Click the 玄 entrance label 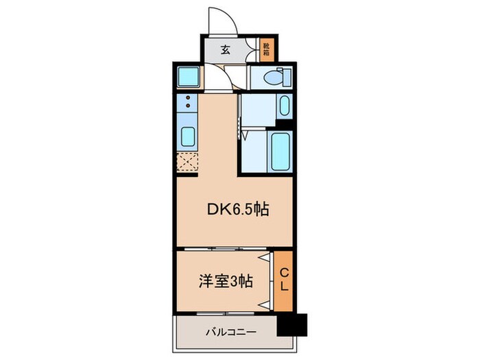point(224,49)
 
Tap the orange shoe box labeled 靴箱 point(266,49)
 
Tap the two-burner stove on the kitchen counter point(187,104)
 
